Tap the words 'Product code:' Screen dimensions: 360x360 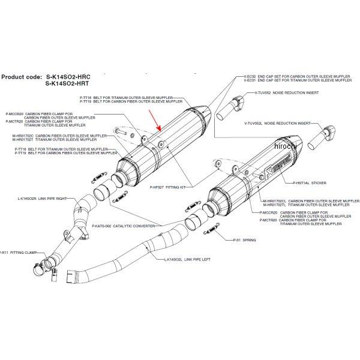21,77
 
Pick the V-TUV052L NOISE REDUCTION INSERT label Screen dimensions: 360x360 279,124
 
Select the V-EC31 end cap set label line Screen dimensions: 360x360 289,81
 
